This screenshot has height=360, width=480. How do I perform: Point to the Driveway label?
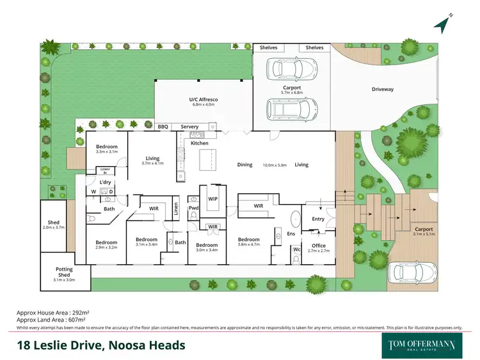click(383, 89)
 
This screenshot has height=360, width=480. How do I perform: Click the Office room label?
click(318, 246)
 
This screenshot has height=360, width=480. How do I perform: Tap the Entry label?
click(318, 219)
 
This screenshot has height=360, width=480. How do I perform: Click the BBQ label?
click(163, 127)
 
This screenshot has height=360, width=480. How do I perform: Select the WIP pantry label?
click(213, 198)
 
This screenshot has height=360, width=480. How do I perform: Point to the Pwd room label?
click(193, 208)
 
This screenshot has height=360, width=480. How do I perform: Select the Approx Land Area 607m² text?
click(51, 319)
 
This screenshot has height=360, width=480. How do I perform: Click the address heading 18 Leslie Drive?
click(101, 345)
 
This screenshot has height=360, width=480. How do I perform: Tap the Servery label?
click(189, 127)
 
